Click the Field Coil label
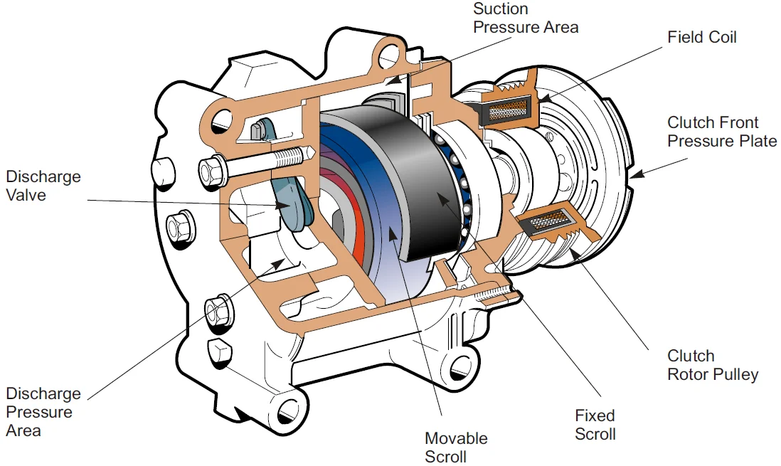pyautogui.click(x=701, y=36)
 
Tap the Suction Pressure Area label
pyautogui.click(x=526, y=18)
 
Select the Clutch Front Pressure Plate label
pyautogui.click(x=721, y=132)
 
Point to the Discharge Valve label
pyautogui.click(x=43, y=186)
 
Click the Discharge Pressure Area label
pyautogui.click(x=43, y=412)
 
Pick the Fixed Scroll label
pyautogui.click(x=595, y=424)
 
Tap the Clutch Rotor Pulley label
pyautogui.click(x=712, y=364)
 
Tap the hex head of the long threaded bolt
pyautogui.click(x=211, y=170)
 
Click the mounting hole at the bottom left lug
pyautogui.click(x=289, y=408)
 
